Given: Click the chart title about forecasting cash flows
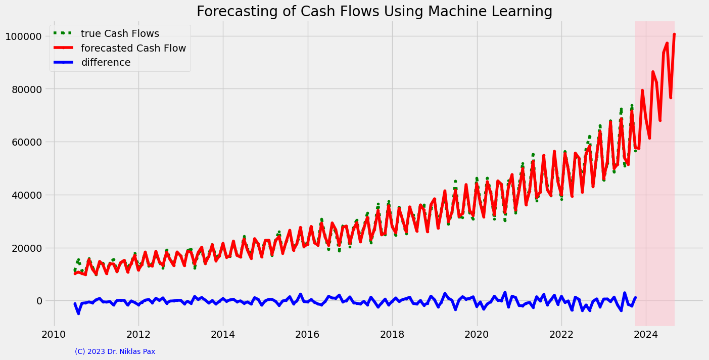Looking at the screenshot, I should [374, 11].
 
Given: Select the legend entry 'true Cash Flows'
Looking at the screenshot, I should [120, 34].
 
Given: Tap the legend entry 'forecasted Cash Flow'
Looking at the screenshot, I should [133, 49].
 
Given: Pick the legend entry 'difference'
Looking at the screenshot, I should [106, 63].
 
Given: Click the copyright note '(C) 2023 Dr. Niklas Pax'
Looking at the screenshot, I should [115, 351].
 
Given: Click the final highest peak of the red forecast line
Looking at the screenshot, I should [674, 34].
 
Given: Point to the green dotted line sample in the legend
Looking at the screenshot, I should [64, 34].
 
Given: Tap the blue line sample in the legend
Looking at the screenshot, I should [64, 63].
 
